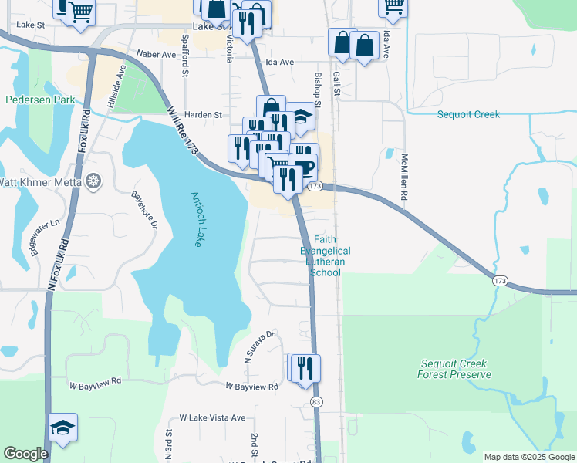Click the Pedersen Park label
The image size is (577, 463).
[39, 100]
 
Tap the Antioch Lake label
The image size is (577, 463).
[197, 218]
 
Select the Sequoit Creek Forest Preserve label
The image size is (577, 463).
[454, 369]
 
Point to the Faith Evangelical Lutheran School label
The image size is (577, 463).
[325, 256]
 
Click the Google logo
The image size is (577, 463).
[25, 454]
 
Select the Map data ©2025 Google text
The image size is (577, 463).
[528, 457]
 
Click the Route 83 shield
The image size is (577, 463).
[316, 402]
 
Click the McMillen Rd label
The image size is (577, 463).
[403, 177]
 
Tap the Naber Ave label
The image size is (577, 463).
[157, 55]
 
